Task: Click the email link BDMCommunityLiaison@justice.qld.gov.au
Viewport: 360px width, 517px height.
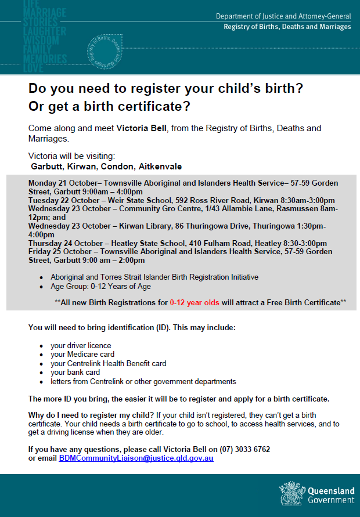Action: click(x=136, y=458)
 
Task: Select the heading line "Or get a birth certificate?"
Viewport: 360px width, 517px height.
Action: click(x=110, y=107)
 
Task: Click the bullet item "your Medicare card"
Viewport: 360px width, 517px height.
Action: click(x=82, y=354)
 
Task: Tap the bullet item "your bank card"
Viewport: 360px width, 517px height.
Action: click(x=75, y=373)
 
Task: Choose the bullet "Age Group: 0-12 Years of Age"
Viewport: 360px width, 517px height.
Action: click(x=100, y=287)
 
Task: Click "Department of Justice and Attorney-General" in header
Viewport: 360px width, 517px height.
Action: click(x=283, y=17)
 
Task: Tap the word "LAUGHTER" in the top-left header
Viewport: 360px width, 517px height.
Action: click(x=45, y=31)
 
